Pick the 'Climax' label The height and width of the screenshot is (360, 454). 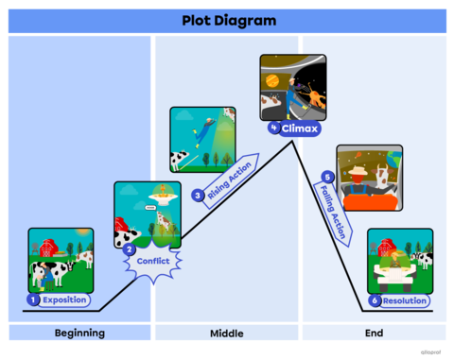point(296,128)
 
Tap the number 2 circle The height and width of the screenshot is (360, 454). point(129,249)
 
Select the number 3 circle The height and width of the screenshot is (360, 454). point(198,196)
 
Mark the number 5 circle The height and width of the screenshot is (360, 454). point(327,176)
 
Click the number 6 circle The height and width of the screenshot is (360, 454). point(375,300)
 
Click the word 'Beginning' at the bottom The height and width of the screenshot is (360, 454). point(79,334)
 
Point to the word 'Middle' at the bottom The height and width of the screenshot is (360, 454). point(227,334)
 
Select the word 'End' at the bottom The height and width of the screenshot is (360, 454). point(374,334)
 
